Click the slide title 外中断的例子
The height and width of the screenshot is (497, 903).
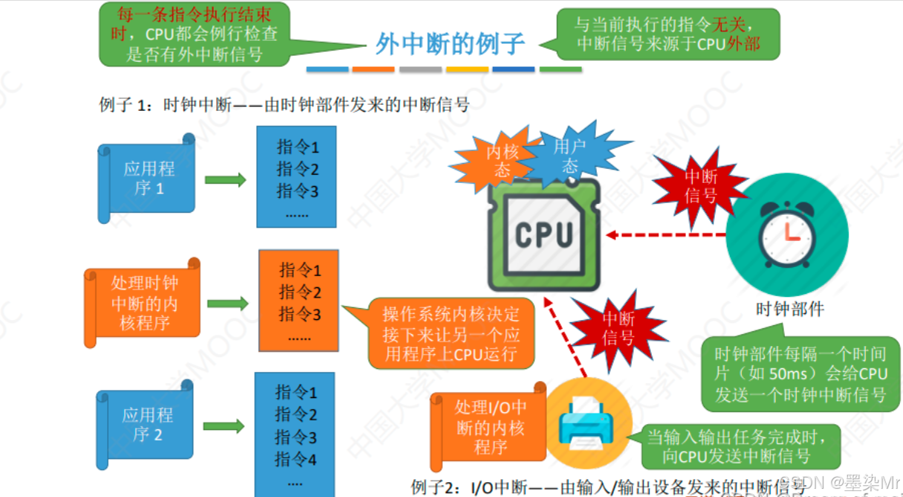click(450, 45)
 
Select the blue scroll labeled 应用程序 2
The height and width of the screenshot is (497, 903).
click(146, 424)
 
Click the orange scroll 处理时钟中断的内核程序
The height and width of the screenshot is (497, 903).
click(143, 303)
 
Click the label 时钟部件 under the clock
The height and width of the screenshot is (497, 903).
click(789, 308)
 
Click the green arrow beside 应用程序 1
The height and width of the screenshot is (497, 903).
click(224, 179)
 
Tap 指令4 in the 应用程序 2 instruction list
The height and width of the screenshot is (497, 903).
click(296, 460)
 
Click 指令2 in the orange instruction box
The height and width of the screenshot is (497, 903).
click(300, 292)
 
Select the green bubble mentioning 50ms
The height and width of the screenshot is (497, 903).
click(800, 374)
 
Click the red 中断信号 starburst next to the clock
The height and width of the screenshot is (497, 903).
click(701, 186)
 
